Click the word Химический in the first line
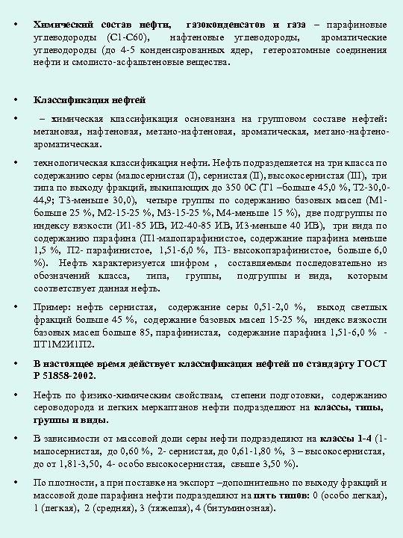pos(62,25)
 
